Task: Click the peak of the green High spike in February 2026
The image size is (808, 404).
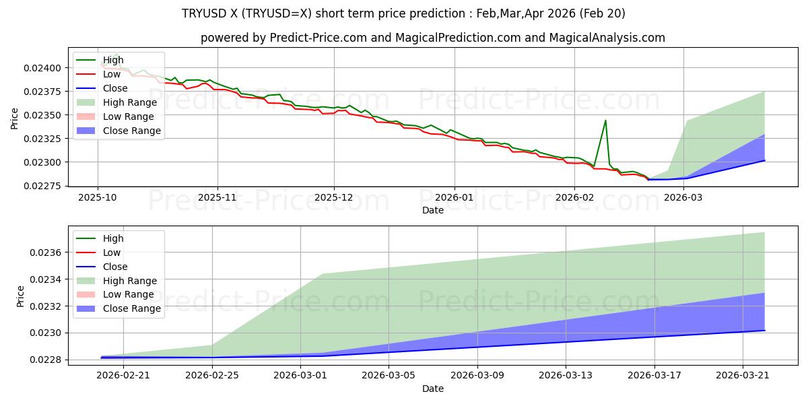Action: pyautogui.click(x=605, y=121)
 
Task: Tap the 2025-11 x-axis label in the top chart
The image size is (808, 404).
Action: pyautogui.click(x=217, y=198)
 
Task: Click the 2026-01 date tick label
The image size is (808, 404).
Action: pyautogui.click(x=454, y=198)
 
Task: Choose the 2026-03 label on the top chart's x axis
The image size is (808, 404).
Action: pyautogui.click(x=683, y=198)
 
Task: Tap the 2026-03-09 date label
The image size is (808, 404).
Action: pyautogui.click(x=477, y=376)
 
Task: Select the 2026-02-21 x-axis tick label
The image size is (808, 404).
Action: pyautogui.click(x=123, y=376)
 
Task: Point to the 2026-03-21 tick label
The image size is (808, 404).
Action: pyautogui.click(x=743, y=376)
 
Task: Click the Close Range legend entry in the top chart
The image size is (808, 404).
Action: pyautogui.click(x=119, y=131)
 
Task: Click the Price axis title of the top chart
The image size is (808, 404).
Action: pyautogui.click(x=14, y=119)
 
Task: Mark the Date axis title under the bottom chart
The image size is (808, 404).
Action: pyautogui.click(x=433, y=389)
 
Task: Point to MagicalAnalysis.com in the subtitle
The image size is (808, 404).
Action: pyautogui.click(x=607, y=38)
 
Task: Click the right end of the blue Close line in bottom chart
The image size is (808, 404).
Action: pyautogui.click(x=764, y=331)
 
